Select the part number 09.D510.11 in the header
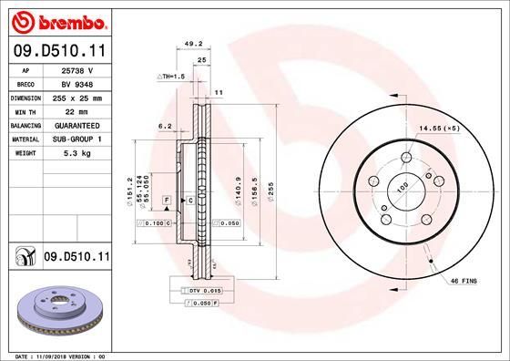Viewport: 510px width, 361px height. (x=59, y=52)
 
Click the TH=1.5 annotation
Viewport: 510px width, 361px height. (x=171, y=77)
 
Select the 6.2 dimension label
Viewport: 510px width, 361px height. (x=165, y=126)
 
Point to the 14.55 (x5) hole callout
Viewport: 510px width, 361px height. (x=438, y=129)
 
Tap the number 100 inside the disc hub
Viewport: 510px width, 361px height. (x=398, y=188)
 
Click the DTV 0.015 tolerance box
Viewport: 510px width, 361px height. (x=205, y=290)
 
